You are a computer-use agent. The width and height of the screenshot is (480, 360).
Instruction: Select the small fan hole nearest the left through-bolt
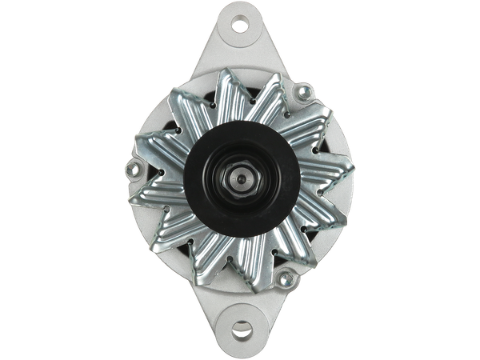[165, 171]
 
